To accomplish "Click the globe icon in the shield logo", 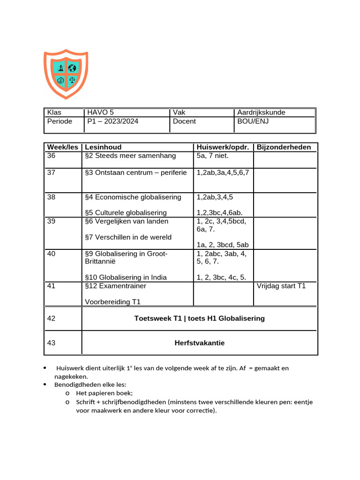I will coord(72,68).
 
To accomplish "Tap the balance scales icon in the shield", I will coord(72,80).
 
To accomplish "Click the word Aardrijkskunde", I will coord(261,112).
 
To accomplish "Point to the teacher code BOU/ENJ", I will coord(253,121).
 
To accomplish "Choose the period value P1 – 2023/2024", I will coord(112,121).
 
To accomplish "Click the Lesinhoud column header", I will coord(103,147).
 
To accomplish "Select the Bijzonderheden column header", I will coord(284,147).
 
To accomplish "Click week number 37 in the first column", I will coord(52,172).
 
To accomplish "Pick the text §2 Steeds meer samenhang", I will coord(130,156).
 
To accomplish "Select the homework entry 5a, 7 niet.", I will coord(213,156).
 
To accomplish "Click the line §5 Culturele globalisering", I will coord(126,213).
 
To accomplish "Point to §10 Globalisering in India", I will coord(126,277).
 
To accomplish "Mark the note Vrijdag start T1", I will coord(281,286).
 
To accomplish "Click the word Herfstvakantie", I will coord(199,343).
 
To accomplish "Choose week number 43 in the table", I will coord(52,343).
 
